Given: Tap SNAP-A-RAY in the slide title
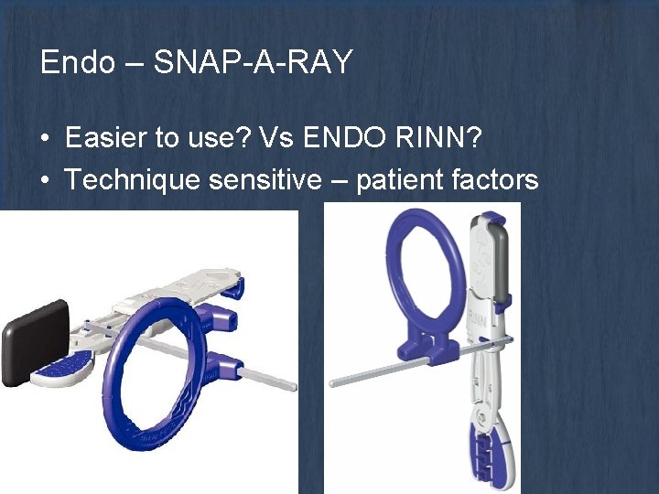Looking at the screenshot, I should click(254, 62).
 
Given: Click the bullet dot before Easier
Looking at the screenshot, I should click(45, 139).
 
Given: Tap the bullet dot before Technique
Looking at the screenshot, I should click(45, 180).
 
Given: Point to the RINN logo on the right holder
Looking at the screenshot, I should click(478, 321).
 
